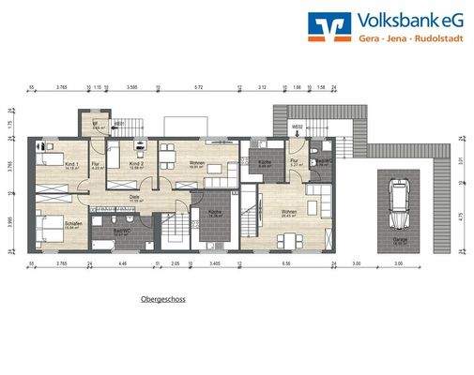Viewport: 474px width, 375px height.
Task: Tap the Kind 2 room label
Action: pyautogui.click(x=136, y=164)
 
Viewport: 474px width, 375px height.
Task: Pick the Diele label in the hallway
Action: pyautogui.click(x=133, y=198)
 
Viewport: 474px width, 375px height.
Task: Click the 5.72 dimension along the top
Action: pyautogui.click(x=198, y=88)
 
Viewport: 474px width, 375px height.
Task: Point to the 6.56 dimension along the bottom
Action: pyautogui.click(x=286, y=265)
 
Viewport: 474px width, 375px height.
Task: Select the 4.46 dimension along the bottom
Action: pyautogui.click(x=122, y=265)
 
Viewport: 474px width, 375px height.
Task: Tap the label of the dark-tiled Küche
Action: pyautogui.click(x=213, y=212)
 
